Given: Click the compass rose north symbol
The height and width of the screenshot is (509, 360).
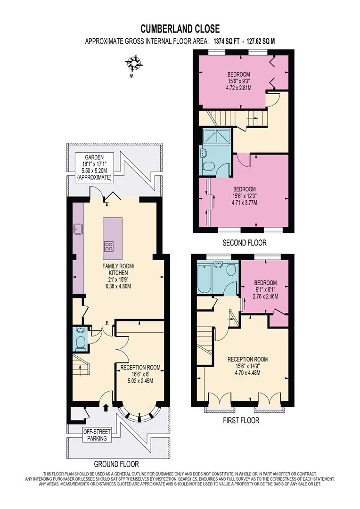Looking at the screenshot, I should coord(134,63).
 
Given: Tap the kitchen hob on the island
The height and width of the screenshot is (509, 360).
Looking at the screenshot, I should coord(109,245).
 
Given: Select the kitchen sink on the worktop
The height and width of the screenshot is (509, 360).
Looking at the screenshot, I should coord(78,230).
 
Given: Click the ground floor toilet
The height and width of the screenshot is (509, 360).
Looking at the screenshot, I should coord(81,343).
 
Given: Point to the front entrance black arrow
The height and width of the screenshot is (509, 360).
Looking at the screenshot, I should coord(105,404).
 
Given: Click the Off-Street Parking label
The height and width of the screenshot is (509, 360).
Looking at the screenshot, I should coord(96,435).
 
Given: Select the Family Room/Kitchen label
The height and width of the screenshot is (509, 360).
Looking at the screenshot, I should coord(119,276).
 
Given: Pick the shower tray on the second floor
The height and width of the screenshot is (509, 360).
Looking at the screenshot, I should coord(215,136).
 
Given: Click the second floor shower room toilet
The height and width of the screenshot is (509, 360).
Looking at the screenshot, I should coord(209,166).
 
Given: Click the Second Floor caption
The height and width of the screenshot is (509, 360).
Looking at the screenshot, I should coord(245,243).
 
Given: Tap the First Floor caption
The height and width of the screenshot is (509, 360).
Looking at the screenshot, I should coord(241,420).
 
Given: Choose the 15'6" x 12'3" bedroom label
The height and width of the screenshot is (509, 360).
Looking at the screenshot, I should coord(244,196).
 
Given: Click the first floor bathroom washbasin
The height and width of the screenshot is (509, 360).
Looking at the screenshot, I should coord(218,265).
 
